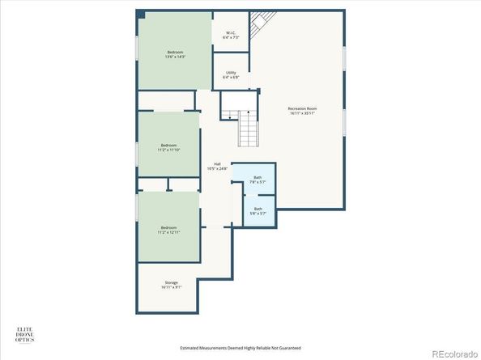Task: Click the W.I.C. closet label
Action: click(x=231, y=33)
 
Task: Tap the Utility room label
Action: click(x=231, y=73)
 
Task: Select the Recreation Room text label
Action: click(x=300, y=109)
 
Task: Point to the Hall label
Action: click(x=217, y=163)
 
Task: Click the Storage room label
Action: click(x=171, y=282)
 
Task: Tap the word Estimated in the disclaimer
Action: click(x=191, y=348)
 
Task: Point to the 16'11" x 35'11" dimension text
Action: click(x=300, y=114)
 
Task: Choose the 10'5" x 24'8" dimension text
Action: click(x=217, y=168)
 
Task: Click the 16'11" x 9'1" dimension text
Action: click(x=171, y=287)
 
